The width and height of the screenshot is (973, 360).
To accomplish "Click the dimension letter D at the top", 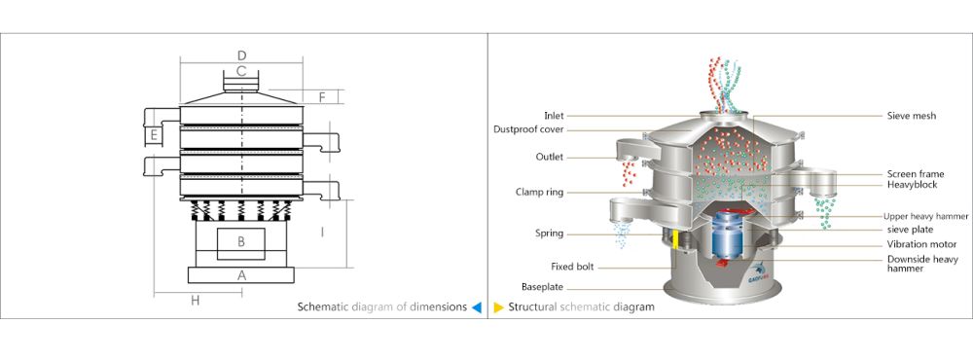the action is coord(242,54).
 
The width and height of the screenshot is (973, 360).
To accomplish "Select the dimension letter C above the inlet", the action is coord(241,71).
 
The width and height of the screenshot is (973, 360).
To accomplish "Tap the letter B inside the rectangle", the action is coord(241,242).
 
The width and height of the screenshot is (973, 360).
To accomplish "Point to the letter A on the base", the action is coord(242,275).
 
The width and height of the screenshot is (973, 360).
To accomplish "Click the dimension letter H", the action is coord(195,301).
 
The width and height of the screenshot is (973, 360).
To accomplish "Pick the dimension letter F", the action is coord(322,97).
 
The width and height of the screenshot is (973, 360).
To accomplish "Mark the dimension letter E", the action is coord(154,134).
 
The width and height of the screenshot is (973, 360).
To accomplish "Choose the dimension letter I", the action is coord(322,233).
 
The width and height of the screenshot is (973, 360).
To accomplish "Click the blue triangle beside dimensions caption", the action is coord(476,306).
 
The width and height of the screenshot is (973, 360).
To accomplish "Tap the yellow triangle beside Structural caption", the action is coord(498,306).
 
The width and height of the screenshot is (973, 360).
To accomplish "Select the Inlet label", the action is coord(554,116).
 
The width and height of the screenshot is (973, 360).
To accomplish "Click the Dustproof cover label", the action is coord(528,129).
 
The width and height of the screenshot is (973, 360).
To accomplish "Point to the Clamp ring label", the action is coord(540,193).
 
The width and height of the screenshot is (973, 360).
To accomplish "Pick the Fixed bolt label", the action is coord(573,267).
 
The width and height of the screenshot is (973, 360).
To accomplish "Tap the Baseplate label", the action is coord(543,287).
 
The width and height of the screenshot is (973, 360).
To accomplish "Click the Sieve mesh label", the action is coord(912,116).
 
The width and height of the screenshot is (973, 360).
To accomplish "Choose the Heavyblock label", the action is coord(913,185).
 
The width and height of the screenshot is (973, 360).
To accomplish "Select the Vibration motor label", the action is coord(922,244).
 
